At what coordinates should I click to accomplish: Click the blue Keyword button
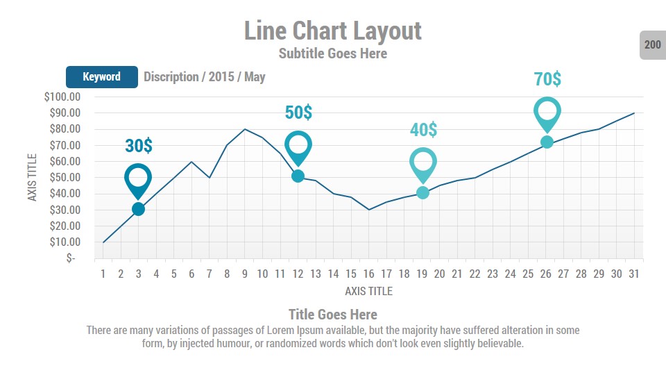[x=102, y=76]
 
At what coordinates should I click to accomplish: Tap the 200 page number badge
[x=652, y=45]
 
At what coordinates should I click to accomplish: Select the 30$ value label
[x=139, y=146]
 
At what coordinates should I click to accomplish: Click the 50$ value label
[x=298, y=112]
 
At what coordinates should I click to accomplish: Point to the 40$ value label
[x=423, y=129]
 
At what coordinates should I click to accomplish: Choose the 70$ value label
[x=547, y=79]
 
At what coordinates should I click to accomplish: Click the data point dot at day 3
[x=138, y=209]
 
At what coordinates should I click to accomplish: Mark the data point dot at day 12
[x=298, y=176]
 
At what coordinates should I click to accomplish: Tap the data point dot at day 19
[x=422, y=192]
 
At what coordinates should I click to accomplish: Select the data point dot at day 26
[x=547, y=142]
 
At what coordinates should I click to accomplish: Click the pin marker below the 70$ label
[x=547, y=114]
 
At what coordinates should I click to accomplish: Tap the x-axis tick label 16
[x=369, y=274]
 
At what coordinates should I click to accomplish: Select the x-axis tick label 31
[x=634, y=274]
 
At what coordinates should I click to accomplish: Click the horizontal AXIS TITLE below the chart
[x=368, y=291]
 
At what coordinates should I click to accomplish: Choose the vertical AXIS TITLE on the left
[x=32, y=178]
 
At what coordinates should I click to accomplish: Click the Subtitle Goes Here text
[x=333, y=53]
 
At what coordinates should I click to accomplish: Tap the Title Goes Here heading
[x=333, y=315]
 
